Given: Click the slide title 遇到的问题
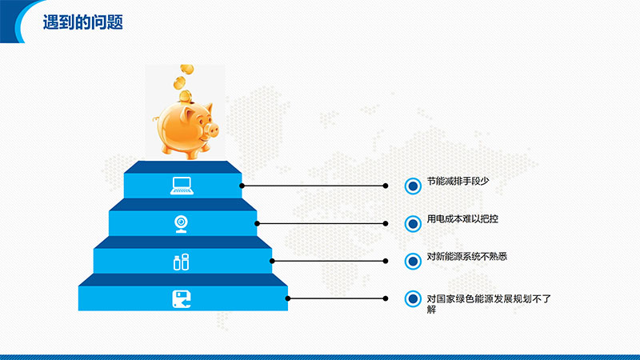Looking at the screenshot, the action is tap(83, 22).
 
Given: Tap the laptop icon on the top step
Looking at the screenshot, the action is tap(182, 186).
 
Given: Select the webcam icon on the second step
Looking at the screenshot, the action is tap(182, 224).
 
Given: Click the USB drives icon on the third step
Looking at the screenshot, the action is tap(182, 262).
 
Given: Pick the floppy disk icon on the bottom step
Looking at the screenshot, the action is tap(182, 299).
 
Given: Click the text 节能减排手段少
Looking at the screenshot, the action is tap(458, 181).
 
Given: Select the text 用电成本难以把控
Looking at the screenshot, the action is tap(462, 218).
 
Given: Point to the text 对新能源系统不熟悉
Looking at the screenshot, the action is tap(467, 256).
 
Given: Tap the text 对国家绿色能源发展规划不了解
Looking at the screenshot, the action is tap(489, 304).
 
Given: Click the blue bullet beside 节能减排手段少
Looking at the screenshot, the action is tap(413, 186).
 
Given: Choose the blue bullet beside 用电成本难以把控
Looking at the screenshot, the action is tap(413, 224).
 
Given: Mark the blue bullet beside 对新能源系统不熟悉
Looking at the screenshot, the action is tap(413, 262).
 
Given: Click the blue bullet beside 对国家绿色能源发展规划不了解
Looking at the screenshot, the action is tap(413, 298).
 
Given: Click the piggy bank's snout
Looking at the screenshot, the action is tap(212, 130).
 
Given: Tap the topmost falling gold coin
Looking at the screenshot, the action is tap(187, 69).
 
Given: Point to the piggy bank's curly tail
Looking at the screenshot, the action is tap(155, 118).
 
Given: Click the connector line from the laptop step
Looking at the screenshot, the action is tap(314, 186).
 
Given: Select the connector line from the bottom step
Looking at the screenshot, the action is tap(337, 298).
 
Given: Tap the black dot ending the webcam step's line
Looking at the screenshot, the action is tap(386, 223).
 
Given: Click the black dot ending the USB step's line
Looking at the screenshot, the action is tap(386, 261).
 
